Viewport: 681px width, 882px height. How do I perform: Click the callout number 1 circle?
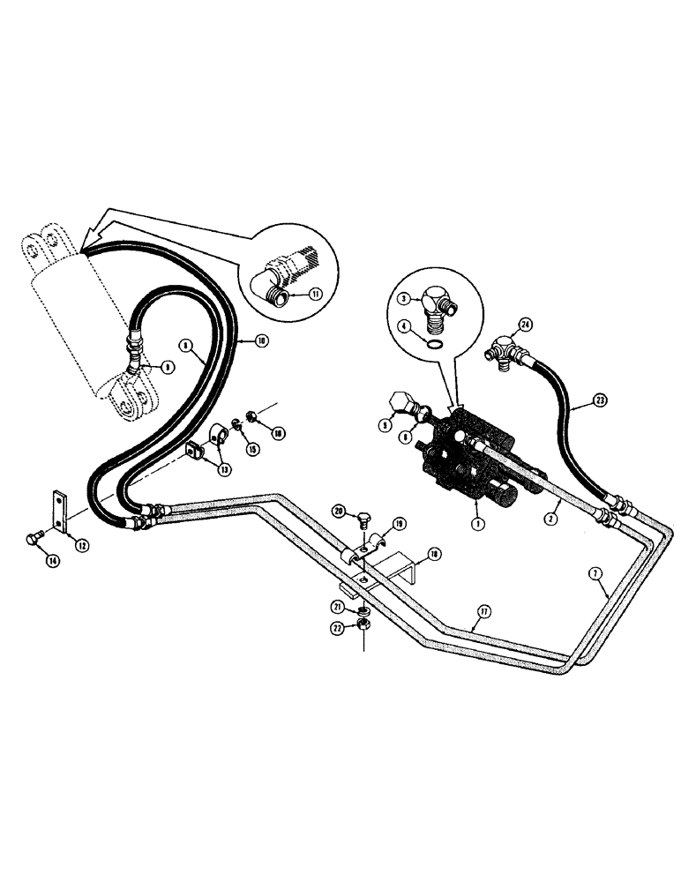(476, 509)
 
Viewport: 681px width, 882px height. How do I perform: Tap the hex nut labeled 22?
(363, 624)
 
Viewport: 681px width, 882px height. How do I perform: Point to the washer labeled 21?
(363, 609)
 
